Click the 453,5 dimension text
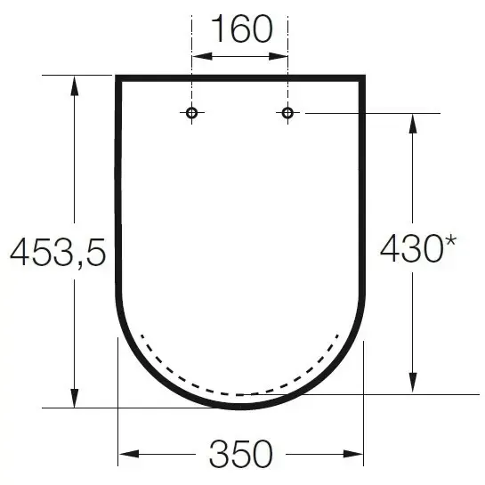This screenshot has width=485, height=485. tap(58, 254)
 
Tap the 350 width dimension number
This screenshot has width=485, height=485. tap(241, 455)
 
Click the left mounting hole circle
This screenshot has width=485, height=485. tap(192, 113)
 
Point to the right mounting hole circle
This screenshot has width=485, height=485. tap(287, 113)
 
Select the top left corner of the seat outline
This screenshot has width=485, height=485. tap(118, 78)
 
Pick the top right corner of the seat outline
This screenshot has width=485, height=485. tap(363, 78)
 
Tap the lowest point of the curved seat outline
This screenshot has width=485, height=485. tap(241, 407)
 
